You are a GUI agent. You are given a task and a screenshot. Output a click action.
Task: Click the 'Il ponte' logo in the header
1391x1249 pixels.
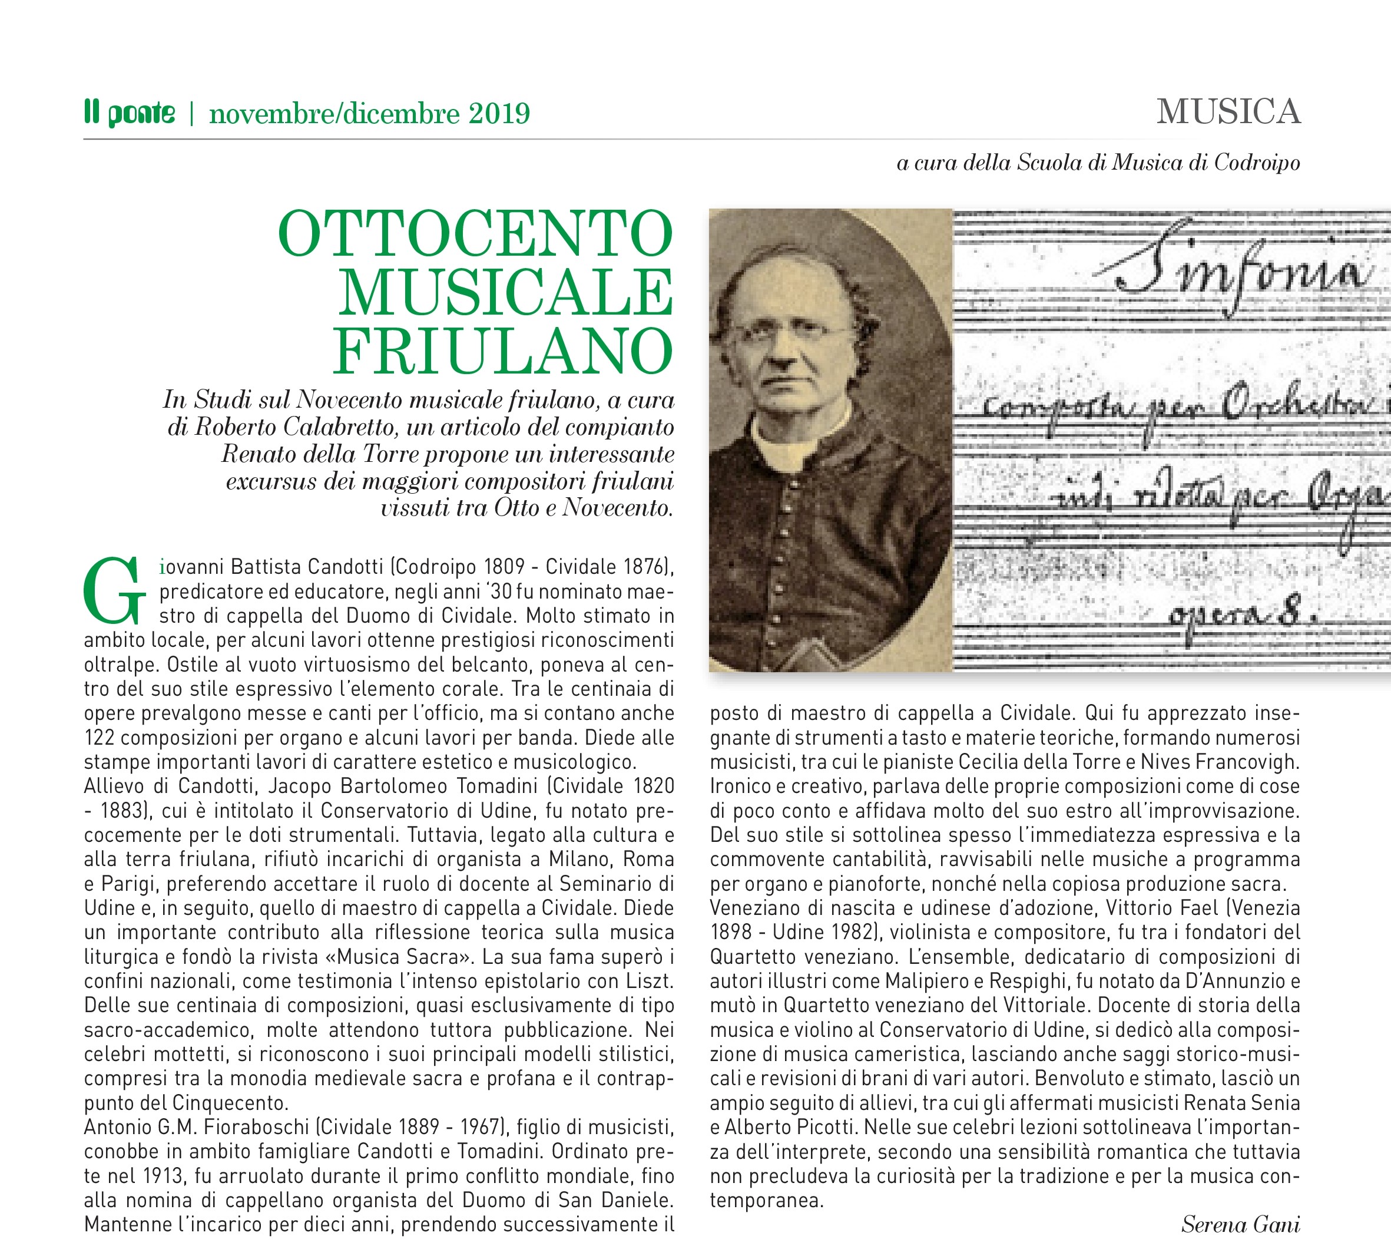129,113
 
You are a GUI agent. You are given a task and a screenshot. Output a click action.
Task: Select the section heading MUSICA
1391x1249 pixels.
1228,112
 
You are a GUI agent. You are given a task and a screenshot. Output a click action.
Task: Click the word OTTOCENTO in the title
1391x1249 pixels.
476,234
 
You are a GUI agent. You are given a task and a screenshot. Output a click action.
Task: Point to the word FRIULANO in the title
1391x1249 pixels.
504,351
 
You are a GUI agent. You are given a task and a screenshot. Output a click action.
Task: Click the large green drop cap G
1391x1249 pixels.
114,592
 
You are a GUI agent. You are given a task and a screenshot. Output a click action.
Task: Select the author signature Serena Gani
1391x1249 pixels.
1240,1224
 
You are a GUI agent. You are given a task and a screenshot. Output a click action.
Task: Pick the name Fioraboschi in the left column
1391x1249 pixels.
254,1127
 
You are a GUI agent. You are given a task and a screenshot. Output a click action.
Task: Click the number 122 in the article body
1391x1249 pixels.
100,738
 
